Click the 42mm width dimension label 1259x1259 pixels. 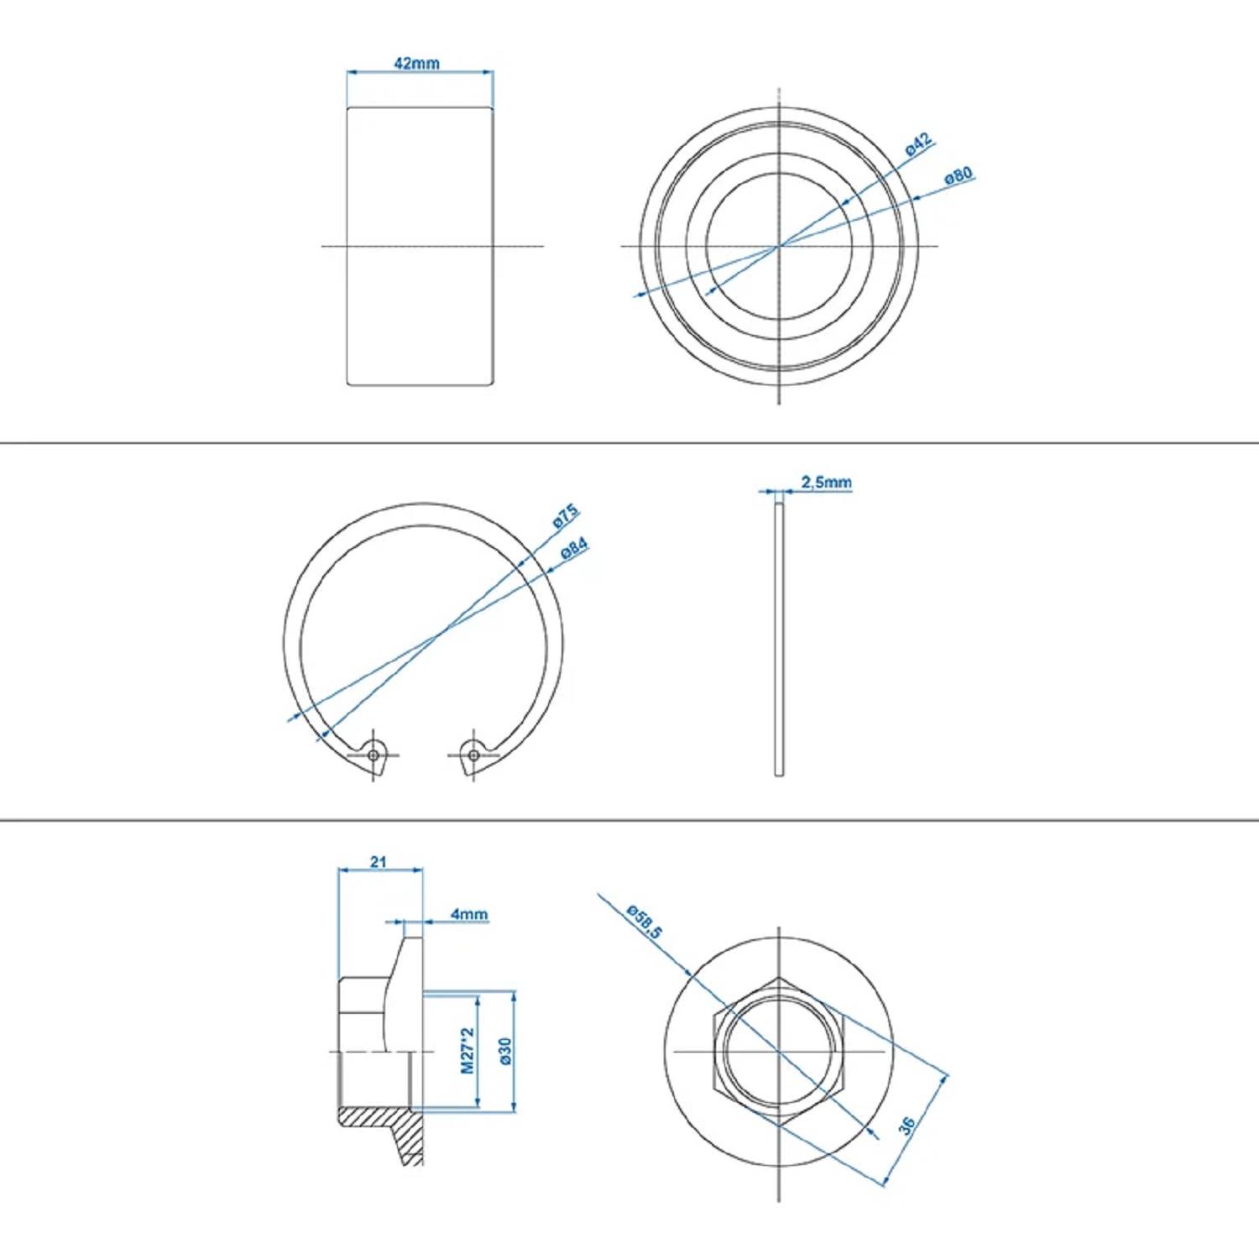coord(416,63)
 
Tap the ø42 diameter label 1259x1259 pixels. coord(919,145)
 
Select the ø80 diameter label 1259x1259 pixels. coord(958,175)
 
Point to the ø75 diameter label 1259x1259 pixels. coord(566,515)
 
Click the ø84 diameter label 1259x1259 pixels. coord(574,548)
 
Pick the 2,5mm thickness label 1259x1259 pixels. coord(826,483)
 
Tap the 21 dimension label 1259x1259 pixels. coord(379,862)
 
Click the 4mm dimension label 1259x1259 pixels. coord(468,914)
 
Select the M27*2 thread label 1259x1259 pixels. coord(468,1051)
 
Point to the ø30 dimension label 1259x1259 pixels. coord(504,1051)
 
